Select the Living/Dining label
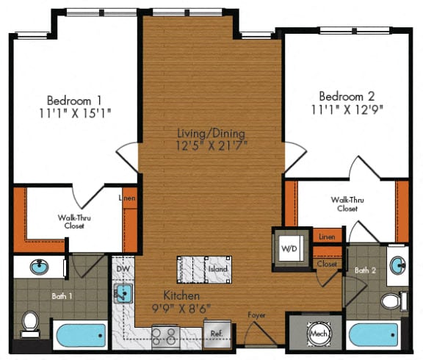point(211,133)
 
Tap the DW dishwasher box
point(122,269)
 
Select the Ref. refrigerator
point(217,332)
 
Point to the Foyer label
point(256,316)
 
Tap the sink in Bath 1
point(38,267)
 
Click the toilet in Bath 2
point(394,301)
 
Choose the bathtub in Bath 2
point(372,335)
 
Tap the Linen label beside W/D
point(327,237)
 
